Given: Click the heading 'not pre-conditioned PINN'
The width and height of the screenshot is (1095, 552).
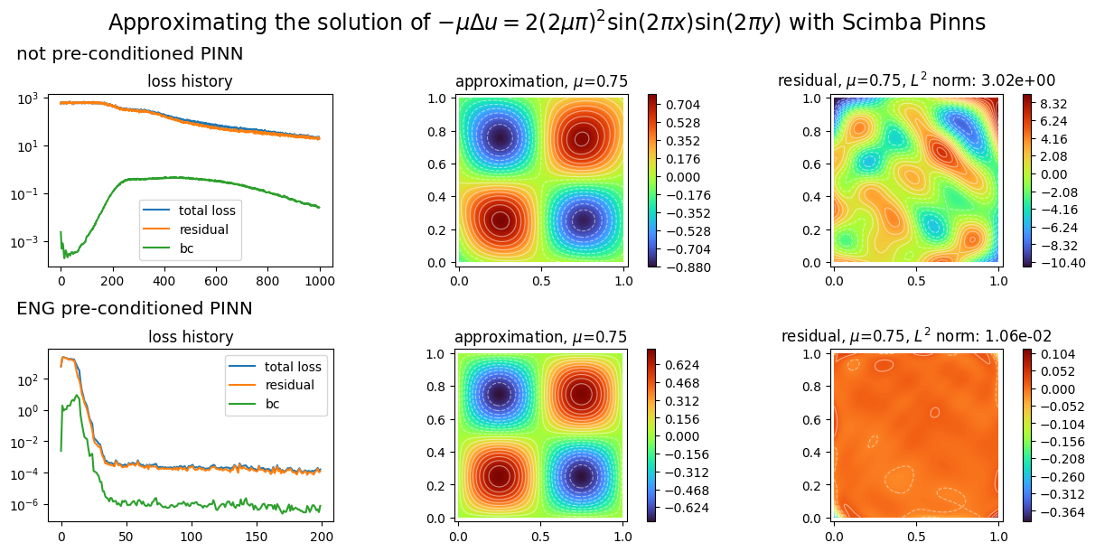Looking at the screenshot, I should [129, 55].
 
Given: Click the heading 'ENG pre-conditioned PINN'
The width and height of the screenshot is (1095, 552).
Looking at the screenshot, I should [134, 309].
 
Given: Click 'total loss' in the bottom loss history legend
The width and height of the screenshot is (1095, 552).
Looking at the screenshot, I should [293, 367].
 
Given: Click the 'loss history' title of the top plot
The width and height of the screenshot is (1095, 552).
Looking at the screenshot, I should [190, 81].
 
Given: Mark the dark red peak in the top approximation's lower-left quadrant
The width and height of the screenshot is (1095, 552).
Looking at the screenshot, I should [500, 220].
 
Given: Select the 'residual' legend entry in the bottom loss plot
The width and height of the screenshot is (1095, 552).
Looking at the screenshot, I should [289, 385].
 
